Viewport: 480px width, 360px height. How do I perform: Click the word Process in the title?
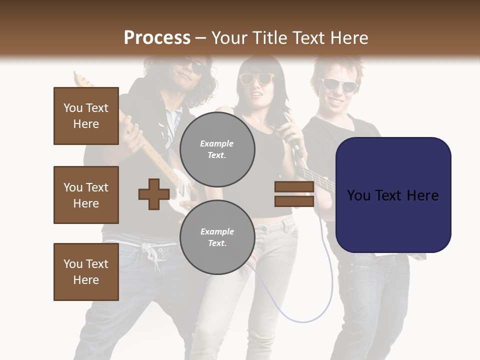(157, 38)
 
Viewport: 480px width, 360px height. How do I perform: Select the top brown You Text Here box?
(86, 116)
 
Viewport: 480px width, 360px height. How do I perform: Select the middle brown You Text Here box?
(86, 195)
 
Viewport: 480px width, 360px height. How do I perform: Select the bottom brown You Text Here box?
(86, 272)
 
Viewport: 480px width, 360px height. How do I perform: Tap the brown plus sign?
(153, 194)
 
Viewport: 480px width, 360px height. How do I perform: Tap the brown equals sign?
(294, 194)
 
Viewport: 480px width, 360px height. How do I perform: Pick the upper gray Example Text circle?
(217, 149)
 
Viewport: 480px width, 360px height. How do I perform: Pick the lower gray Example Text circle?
(217, 237)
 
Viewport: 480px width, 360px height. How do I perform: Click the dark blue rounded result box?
(393, 195)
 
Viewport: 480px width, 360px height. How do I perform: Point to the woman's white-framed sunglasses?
(256, 78)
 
